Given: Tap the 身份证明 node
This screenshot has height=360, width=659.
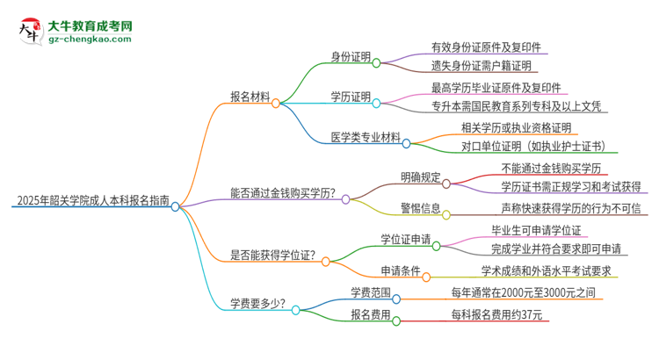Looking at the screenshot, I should click(350, 58).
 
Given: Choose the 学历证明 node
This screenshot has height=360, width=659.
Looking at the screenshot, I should click(350, 97).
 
